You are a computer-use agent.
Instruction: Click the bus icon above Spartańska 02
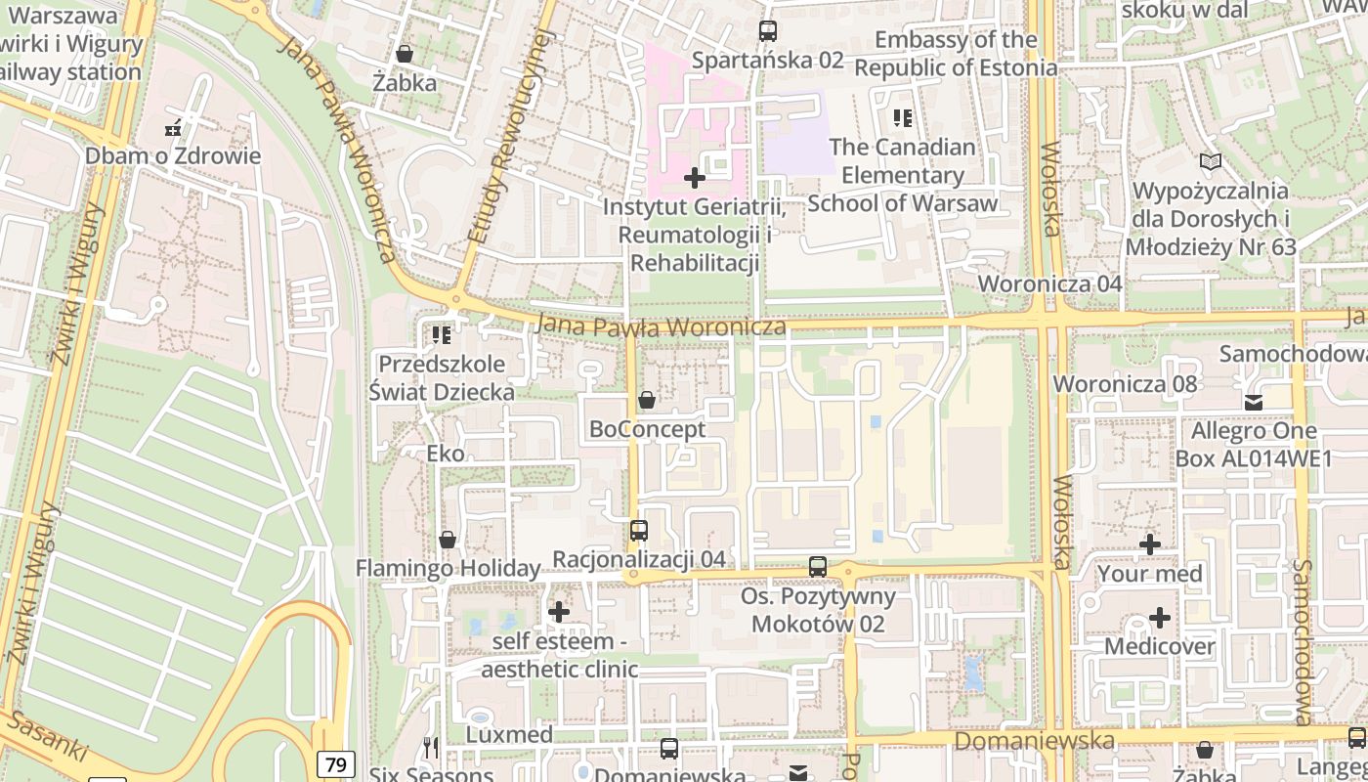(768, 31)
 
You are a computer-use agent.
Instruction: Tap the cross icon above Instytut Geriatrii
(695, 178)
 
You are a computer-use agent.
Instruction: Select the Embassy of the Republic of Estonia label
(956, 54)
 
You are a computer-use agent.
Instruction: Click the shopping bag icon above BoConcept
(647, 400)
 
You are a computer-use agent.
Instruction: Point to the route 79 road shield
(336, 764)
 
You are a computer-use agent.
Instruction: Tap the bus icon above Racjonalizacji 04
(639, 531)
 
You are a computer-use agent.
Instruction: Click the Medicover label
(1160, 646)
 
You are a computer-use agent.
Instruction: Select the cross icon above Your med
(1150, 544)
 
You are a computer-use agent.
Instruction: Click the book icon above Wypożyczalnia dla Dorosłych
(1211, 161)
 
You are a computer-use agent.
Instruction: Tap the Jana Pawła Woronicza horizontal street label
(662, 326)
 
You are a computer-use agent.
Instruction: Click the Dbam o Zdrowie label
(173, 156)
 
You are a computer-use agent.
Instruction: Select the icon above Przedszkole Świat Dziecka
(442, 335)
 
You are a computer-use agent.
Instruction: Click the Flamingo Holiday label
(448, 568)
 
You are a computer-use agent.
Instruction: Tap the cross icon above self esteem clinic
(559, 612)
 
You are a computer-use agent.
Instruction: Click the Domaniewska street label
(1034, 741)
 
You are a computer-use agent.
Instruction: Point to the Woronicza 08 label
(1125, 383)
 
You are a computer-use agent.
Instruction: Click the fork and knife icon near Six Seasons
(432, 748)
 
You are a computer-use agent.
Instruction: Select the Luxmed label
(509, 734)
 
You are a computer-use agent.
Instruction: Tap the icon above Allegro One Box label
(1254, 402)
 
